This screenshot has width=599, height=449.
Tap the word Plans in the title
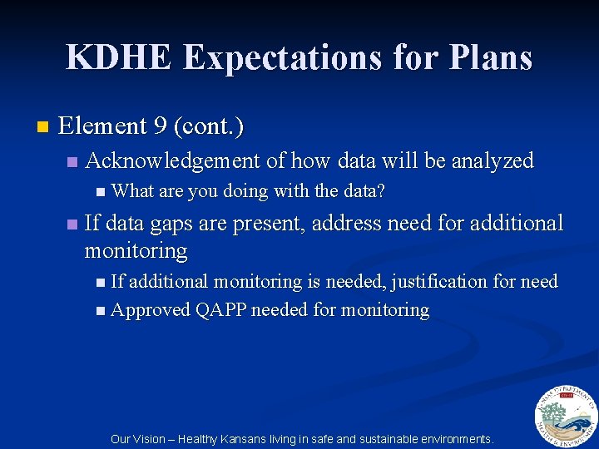493,57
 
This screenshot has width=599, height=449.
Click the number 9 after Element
161,126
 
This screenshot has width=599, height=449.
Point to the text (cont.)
209,126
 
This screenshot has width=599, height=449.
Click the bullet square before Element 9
42,127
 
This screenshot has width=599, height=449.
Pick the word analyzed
492,160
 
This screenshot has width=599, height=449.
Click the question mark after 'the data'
381,191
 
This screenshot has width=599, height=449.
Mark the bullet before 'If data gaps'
72,224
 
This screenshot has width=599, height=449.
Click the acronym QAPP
220,310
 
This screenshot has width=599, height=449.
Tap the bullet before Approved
100,311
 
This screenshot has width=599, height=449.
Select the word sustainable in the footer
389,439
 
